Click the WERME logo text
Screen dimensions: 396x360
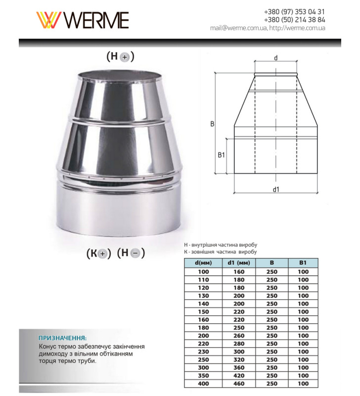point(96,20)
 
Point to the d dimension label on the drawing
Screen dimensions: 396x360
point(275,58)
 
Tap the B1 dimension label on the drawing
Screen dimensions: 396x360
point(222,155)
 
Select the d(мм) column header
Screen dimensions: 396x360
point(203,263)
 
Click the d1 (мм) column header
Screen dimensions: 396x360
point(239,263)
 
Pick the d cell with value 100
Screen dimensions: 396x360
point(203,272)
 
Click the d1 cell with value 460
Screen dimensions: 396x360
point(239,384)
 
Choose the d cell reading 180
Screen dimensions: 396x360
point(203,328)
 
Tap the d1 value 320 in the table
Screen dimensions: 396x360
point(239,360)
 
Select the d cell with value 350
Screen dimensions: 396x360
point(203,376)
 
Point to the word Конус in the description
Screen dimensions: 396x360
point(47,346)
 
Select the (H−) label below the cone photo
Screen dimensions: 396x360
point(131,253)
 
